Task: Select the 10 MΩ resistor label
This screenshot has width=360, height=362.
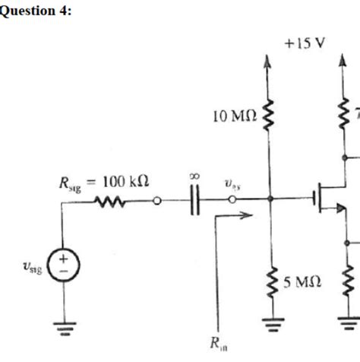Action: (235, 116)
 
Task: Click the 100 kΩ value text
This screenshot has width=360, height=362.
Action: (125, 183)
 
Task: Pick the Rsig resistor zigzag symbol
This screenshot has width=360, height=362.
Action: (104, 202)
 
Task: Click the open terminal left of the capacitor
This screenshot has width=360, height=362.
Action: (156, 202)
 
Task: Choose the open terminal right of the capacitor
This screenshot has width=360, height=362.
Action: (235, 202)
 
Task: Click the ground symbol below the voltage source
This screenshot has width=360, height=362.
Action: (63, 329)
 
